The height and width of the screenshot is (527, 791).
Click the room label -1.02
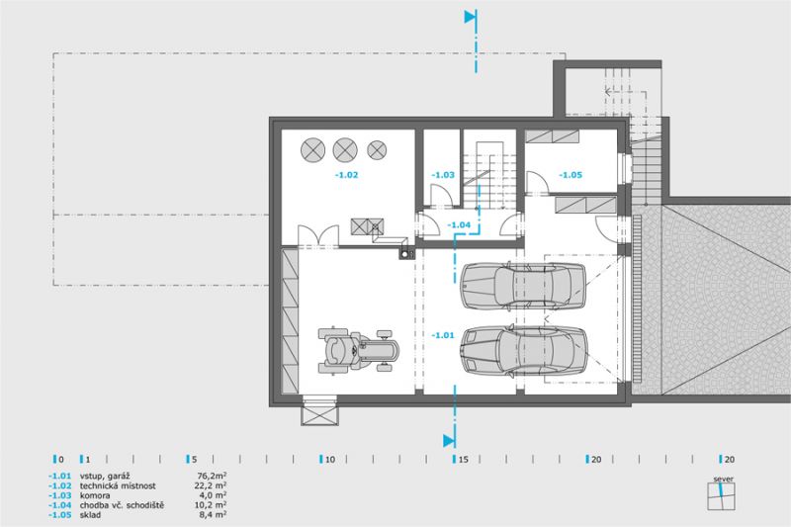tap(347, 175)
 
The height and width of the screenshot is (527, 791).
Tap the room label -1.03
tap(443, 175)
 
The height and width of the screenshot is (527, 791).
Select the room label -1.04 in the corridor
tap(459, 224)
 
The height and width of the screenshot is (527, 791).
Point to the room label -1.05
tap(571, 175)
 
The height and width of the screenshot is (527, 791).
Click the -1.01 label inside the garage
tap(443, 335)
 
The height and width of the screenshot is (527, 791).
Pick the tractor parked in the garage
tap(358, 350)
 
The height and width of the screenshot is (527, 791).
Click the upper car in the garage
tap(523, 285)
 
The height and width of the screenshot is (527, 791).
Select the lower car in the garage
tap(523, 351)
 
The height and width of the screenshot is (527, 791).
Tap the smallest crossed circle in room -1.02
tap(377, 149)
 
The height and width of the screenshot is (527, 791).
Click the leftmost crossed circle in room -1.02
tap(312, 150)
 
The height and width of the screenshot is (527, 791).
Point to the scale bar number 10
tap(330, 460)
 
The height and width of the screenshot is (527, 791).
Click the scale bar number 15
tap(463, 460)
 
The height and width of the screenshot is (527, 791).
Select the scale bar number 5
tap(194, 460)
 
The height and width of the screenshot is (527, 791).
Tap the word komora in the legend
tap(95, 495)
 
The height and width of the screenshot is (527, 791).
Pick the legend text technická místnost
tap(118, 485)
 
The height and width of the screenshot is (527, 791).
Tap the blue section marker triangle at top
tap(471, 17)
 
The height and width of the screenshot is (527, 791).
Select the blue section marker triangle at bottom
tap(449, 441)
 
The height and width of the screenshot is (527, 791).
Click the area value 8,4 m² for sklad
tap(213, 514)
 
